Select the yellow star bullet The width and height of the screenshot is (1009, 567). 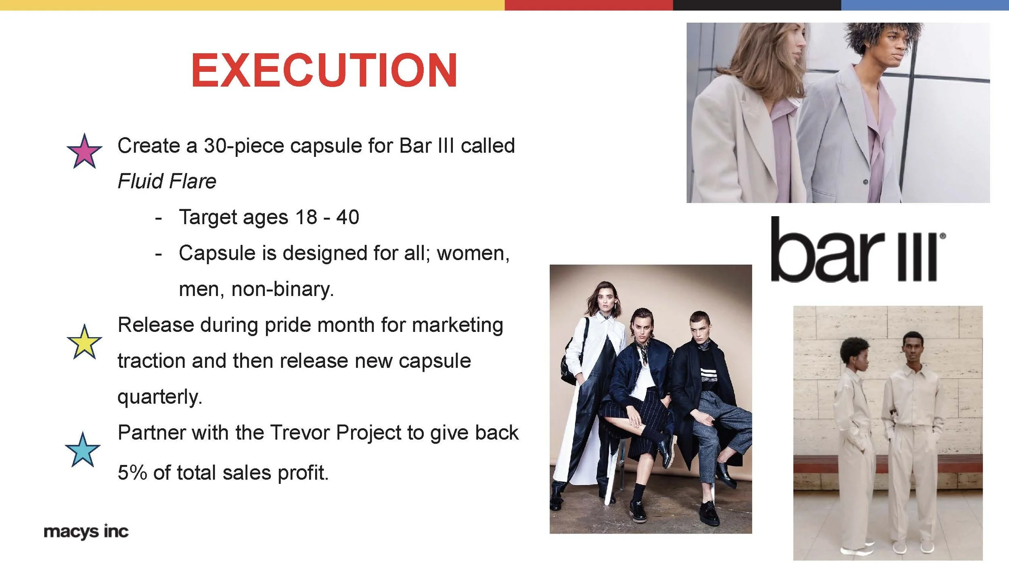[x=84, y=343]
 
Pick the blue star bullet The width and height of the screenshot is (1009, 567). [x=83, y=450]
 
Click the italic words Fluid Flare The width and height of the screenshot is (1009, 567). [x=167, y=181]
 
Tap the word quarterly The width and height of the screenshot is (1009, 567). [x=159, y=397]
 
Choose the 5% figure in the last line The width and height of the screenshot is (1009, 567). [x=132, y=473]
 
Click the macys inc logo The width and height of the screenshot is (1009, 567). [x=86, y=532]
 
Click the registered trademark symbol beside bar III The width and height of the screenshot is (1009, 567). [x=943, y=236]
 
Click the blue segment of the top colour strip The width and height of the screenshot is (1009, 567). [x=924, y=5]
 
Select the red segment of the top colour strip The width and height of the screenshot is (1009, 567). [x=588, y=5]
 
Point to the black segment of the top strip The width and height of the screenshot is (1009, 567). [x=756, y=5]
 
